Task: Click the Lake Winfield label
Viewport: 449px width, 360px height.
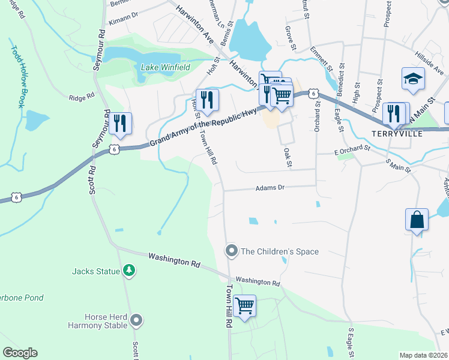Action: [x=165, y=67]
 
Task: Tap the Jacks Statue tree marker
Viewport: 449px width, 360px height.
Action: [x=128, y=271]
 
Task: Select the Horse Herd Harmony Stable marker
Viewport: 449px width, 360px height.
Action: [x=137, y=321]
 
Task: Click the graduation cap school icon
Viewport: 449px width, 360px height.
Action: [x=413, y=79]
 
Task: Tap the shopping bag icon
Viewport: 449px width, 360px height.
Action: [x=417, y=220]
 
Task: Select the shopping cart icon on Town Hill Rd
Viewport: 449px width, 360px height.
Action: [x=244, y=306]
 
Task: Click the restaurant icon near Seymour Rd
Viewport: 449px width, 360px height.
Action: [x=121, y=123]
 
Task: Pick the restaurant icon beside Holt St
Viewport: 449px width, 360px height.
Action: [x=207, y=100]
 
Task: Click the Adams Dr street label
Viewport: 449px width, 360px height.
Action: [x=269, y=188]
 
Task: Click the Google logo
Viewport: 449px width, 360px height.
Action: [x=20, y=353]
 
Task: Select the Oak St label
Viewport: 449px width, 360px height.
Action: [x=288, y=157]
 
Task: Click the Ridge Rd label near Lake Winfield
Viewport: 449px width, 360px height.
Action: [x=82, y=97]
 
